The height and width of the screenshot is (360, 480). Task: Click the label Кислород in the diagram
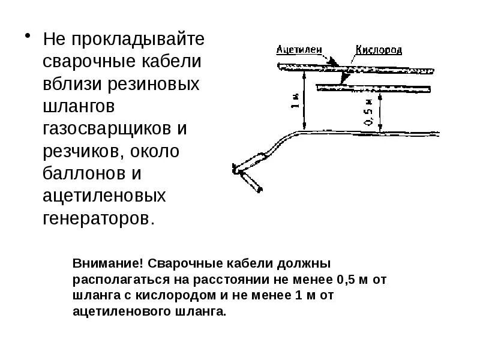pyautogui.click(x=379, y=50)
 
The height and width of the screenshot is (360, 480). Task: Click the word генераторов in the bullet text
pyautogui.click(x=98, y=218)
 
